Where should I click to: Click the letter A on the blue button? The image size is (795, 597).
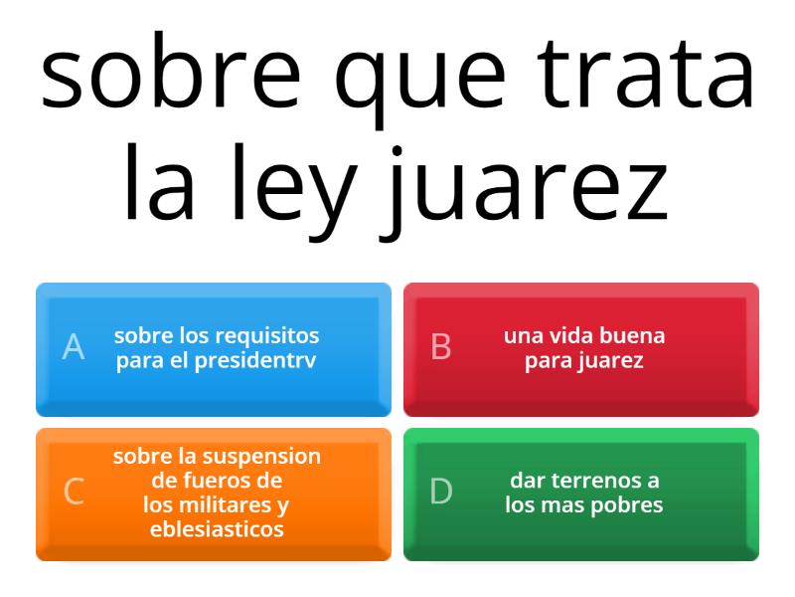click(x=74, y=347)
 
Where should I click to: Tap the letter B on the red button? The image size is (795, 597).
click(x=441, y=347)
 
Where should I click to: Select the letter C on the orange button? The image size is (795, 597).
click(x=74, y=492)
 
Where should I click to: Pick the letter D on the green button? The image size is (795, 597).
click(x=441, y=492)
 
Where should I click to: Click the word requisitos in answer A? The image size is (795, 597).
click(x=267, y=335)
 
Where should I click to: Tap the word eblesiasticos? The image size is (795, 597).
click(x=217, y=529)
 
